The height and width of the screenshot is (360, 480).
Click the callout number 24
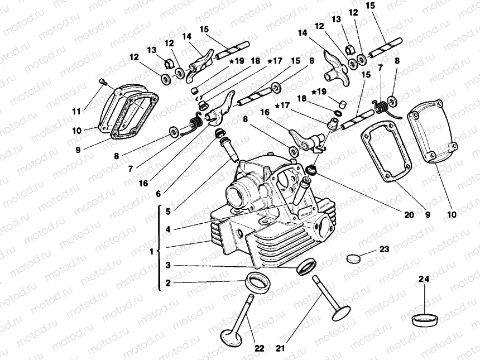(x=424, y=279)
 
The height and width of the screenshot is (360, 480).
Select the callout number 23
(x=384, y=249)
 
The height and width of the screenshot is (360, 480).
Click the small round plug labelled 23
(x=354, y=258)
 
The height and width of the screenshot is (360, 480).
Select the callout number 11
(x=76, y=111)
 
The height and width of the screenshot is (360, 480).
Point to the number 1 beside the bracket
(x=152, y=252)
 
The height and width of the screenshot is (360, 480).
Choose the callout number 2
(x=167, y=283)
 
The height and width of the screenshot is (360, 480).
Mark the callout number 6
(x=159, y=194)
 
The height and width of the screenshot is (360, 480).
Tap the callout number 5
(x=167, y=211)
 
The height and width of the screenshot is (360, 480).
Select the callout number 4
(x=167, y=228)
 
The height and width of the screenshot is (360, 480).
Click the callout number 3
(x=167, y=265)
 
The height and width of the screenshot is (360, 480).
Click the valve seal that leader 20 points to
(x=310, y=169)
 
